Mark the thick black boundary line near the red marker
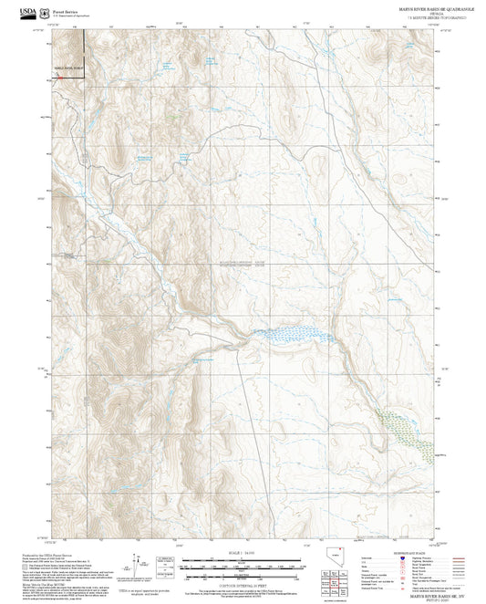coord(84,50)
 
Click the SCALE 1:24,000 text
coord(242,553)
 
